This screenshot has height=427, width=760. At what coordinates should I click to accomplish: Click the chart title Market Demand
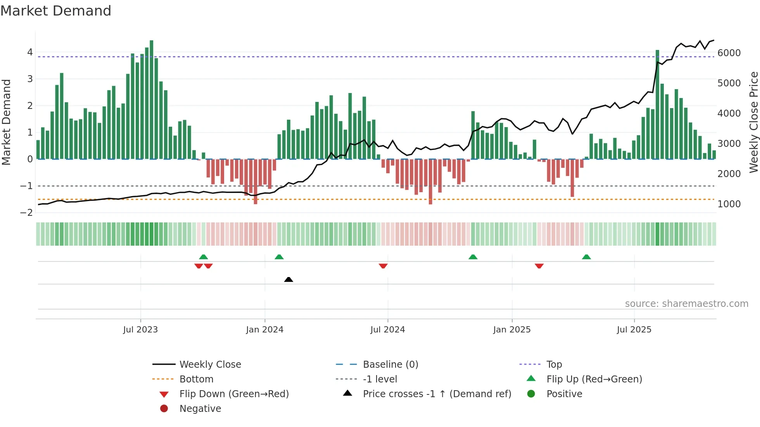click(x=56, y=11)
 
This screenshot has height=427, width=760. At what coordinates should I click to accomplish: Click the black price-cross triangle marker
click(x=288, y=279)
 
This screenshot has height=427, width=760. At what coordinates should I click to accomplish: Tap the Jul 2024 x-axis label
click(x=387, y=330)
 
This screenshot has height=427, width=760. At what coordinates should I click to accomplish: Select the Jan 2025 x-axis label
click(x=512, y=330)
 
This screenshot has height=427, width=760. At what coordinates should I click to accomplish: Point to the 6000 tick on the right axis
click(x=729, y=53)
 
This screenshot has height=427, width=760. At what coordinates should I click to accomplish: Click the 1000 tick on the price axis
click(x=729, y=204)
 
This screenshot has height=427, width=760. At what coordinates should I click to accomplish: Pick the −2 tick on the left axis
click(x=26, y=213)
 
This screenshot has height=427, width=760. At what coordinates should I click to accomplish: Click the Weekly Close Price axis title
click(x=753, y=122)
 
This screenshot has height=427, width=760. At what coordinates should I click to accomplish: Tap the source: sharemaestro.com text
click(x=686, y=304)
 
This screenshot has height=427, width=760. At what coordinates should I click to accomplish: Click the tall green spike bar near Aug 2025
click(x=657, y=105)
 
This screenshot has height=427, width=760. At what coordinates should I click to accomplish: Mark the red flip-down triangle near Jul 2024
click(x=383, y=266)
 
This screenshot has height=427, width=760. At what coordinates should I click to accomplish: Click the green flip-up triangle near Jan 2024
click(x=279, y=257)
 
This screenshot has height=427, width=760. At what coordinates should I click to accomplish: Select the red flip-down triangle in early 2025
click(x=539, y=266)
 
